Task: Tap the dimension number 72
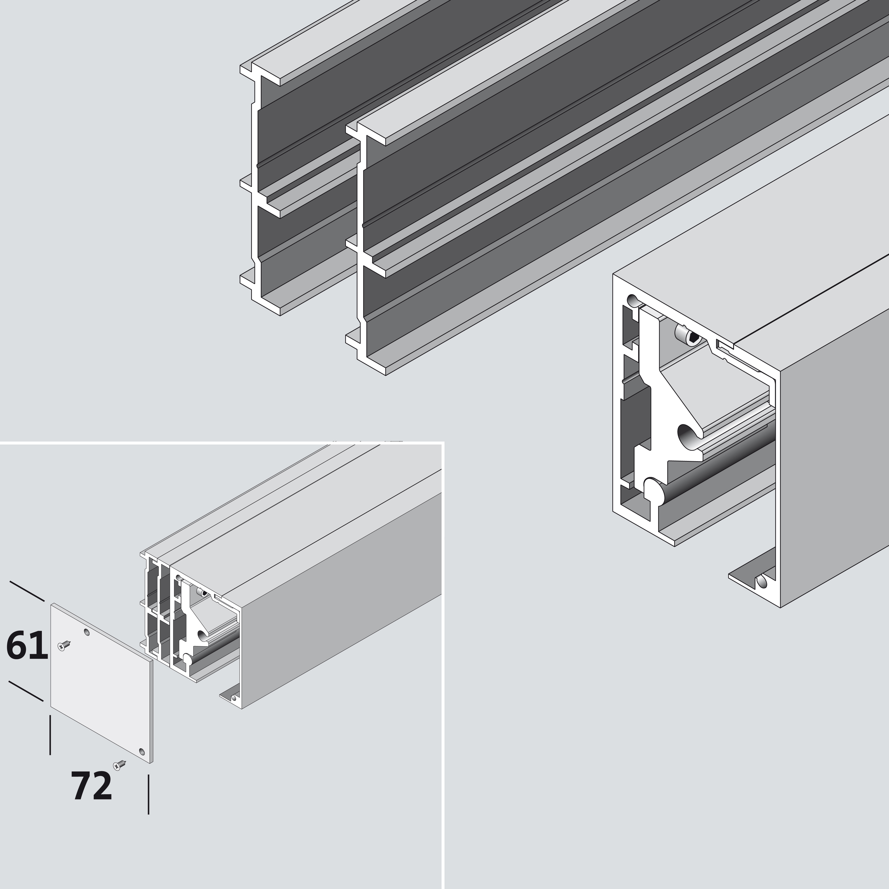click(x=91, y=786)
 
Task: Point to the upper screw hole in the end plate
click(x=87, y=633)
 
